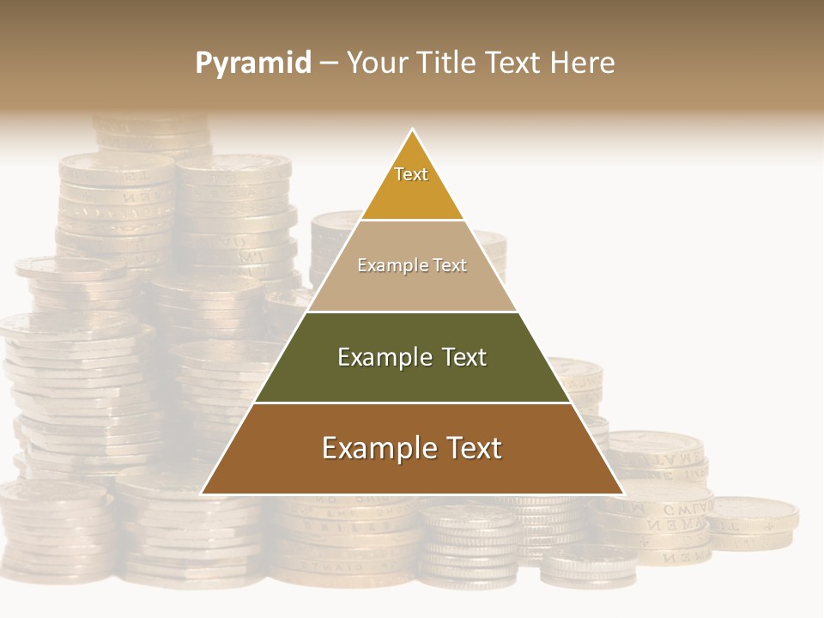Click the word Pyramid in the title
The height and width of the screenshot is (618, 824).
pyautogui.click(x=253, y=64)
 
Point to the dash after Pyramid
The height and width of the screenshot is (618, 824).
pyautogui.click(x=329, y=64)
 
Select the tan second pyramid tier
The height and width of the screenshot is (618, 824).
pyautogui.click(x=412, y=288)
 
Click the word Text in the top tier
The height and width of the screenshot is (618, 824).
pyautogui.click(x=411, y=174)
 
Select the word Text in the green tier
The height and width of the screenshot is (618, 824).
pyautogui.click(x=463, y=357)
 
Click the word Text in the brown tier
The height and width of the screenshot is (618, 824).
pyautogui.click(x=473, y=448)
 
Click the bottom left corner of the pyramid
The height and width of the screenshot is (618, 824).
pyautogui.click(x=202, y=494)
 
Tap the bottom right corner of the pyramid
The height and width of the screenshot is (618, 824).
pyautogui.click(x=623, y=494)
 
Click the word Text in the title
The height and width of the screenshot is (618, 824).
pyautogui.click(x=512, y=63)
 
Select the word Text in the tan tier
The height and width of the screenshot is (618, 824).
pyautogui.click(x=449, y=265)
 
